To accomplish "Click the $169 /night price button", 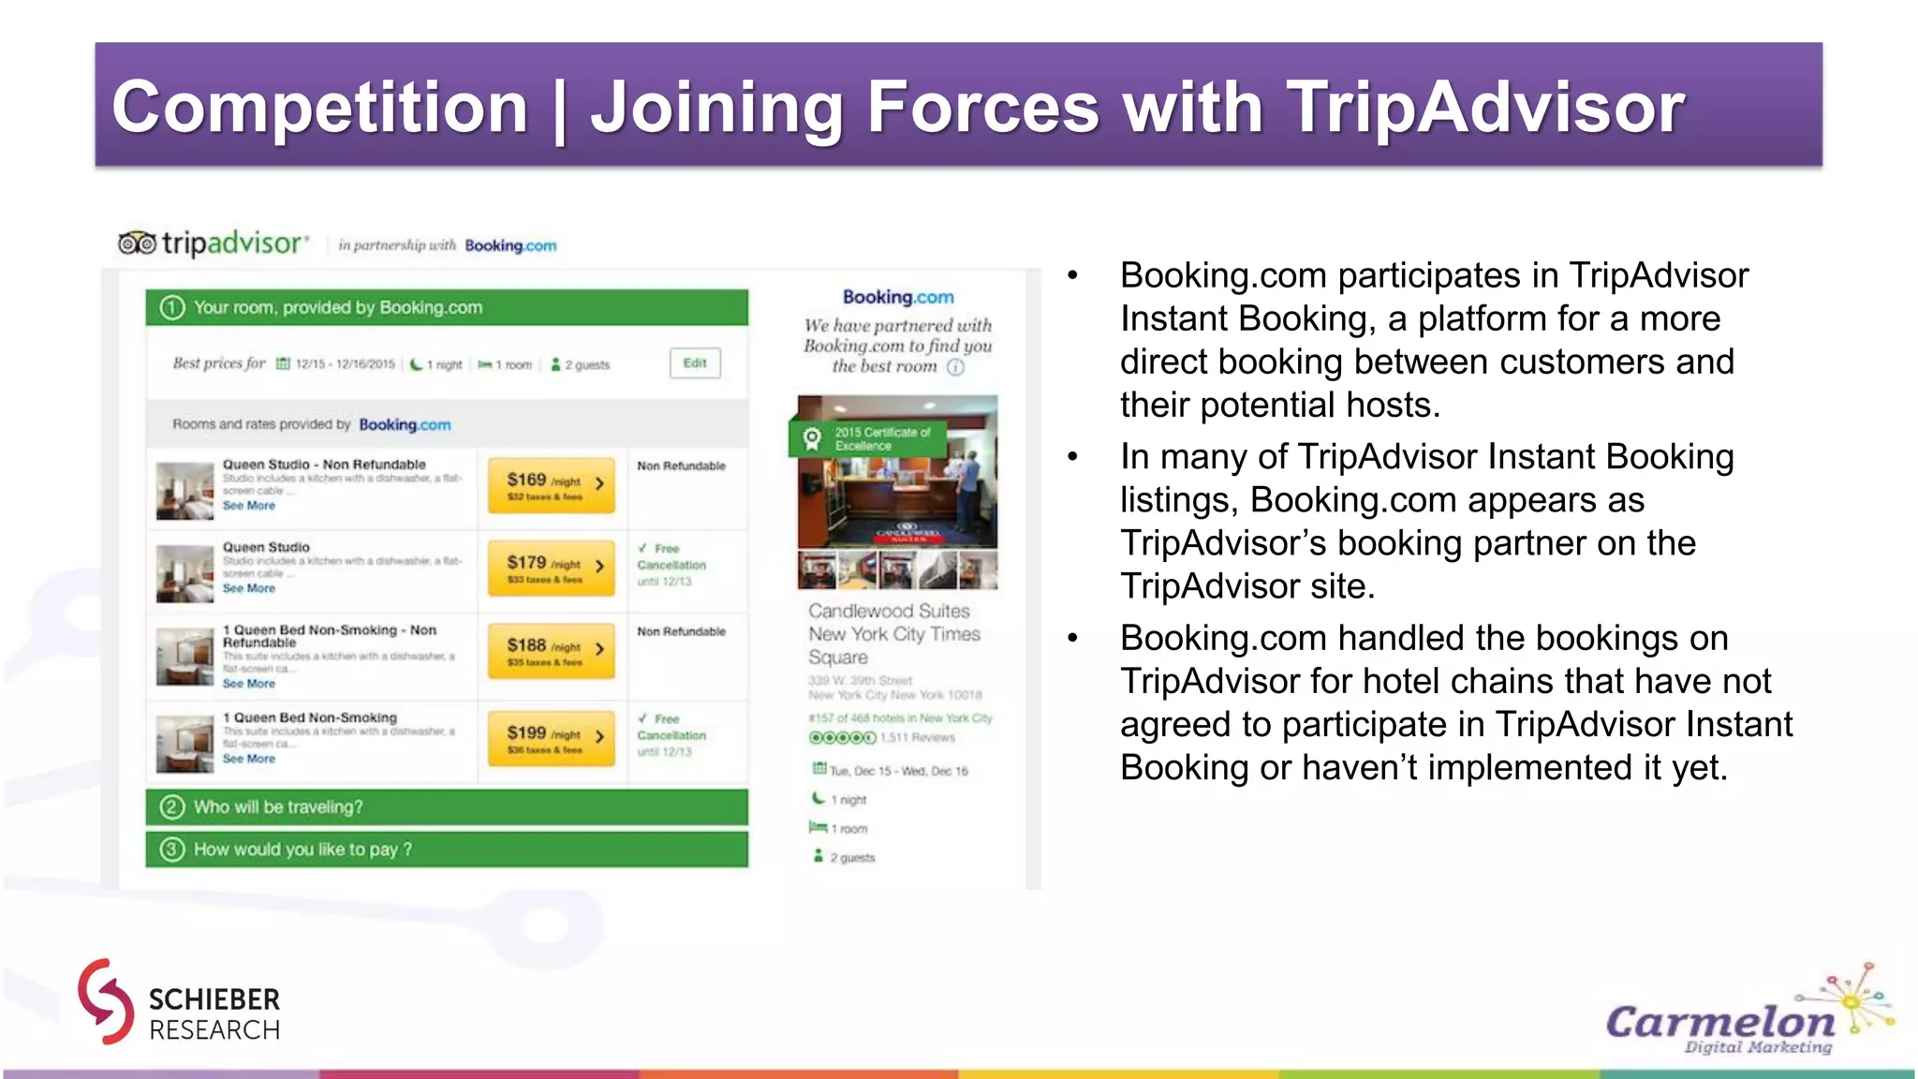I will coord(551,485).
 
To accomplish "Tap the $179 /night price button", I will coord(551,568).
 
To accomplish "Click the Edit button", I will coord(695,363).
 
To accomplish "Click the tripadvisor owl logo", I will coord(137,244).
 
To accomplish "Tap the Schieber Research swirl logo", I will coord(106,1001).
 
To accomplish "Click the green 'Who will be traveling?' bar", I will coord(447,806).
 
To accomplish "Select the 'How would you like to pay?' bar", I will coord(447,850).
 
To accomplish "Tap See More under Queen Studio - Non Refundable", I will coord(249,506).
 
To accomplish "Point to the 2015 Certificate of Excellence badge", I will coord(867,438).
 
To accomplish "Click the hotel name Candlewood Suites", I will coord(889,612).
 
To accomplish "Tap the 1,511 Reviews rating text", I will coord(918,738).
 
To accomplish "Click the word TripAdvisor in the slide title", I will coord(1485,107).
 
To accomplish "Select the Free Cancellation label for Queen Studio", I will coord(671,557).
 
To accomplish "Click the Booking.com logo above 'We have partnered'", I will coord(897,297).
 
